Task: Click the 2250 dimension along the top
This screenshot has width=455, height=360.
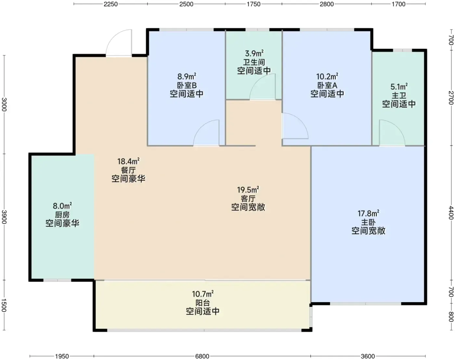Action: (x=110, y=4)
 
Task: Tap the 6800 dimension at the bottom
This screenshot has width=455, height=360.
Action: (x=202, y=356)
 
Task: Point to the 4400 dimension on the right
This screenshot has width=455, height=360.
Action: (x=451, y=213)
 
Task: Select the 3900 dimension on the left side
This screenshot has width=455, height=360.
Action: (x=4, y=217)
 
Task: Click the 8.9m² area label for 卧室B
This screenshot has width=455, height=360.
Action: (x=187, y=76)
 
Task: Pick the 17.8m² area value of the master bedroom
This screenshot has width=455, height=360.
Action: (x=368, y=213)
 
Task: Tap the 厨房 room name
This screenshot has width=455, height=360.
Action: (x=62, y=215)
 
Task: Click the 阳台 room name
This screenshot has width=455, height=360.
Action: (x=202, y=303)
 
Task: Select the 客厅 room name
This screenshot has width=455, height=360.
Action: (x=248, y=199)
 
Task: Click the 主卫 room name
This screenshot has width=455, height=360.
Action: (x=399, y=96)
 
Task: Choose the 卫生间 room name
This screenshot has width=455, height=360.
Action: (x=254, y=62)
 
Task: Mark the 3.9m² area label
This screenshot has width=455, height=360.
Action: (x=254, y=53)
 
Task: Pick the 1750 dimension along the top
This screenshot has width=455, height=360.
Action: (x=253, y=4)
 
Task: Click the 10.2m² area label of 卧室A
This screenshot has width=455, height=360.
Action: (x=327, y=76)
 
